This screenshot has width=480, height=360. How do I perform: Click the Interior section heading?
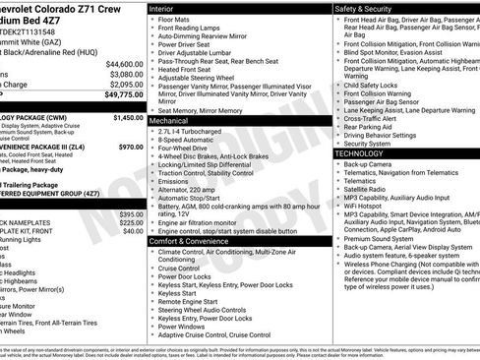(162, 7)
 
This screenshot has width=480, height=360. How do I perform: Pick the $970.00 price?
(131, 147)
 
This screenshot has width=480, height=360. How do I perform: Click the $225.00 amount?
(131, 222)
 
